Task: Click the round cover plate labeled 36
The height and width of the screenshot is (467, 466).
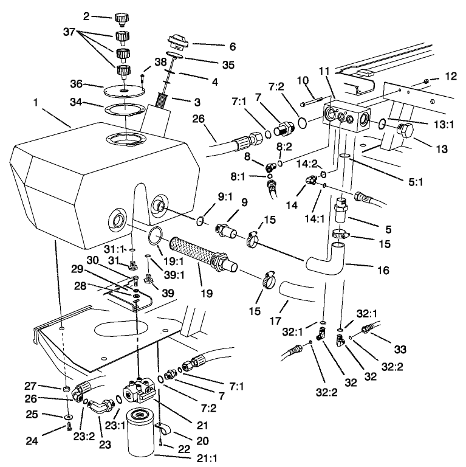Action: point(124,91)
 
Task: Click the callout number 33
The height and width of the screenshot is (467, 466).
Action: point(400,350)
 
